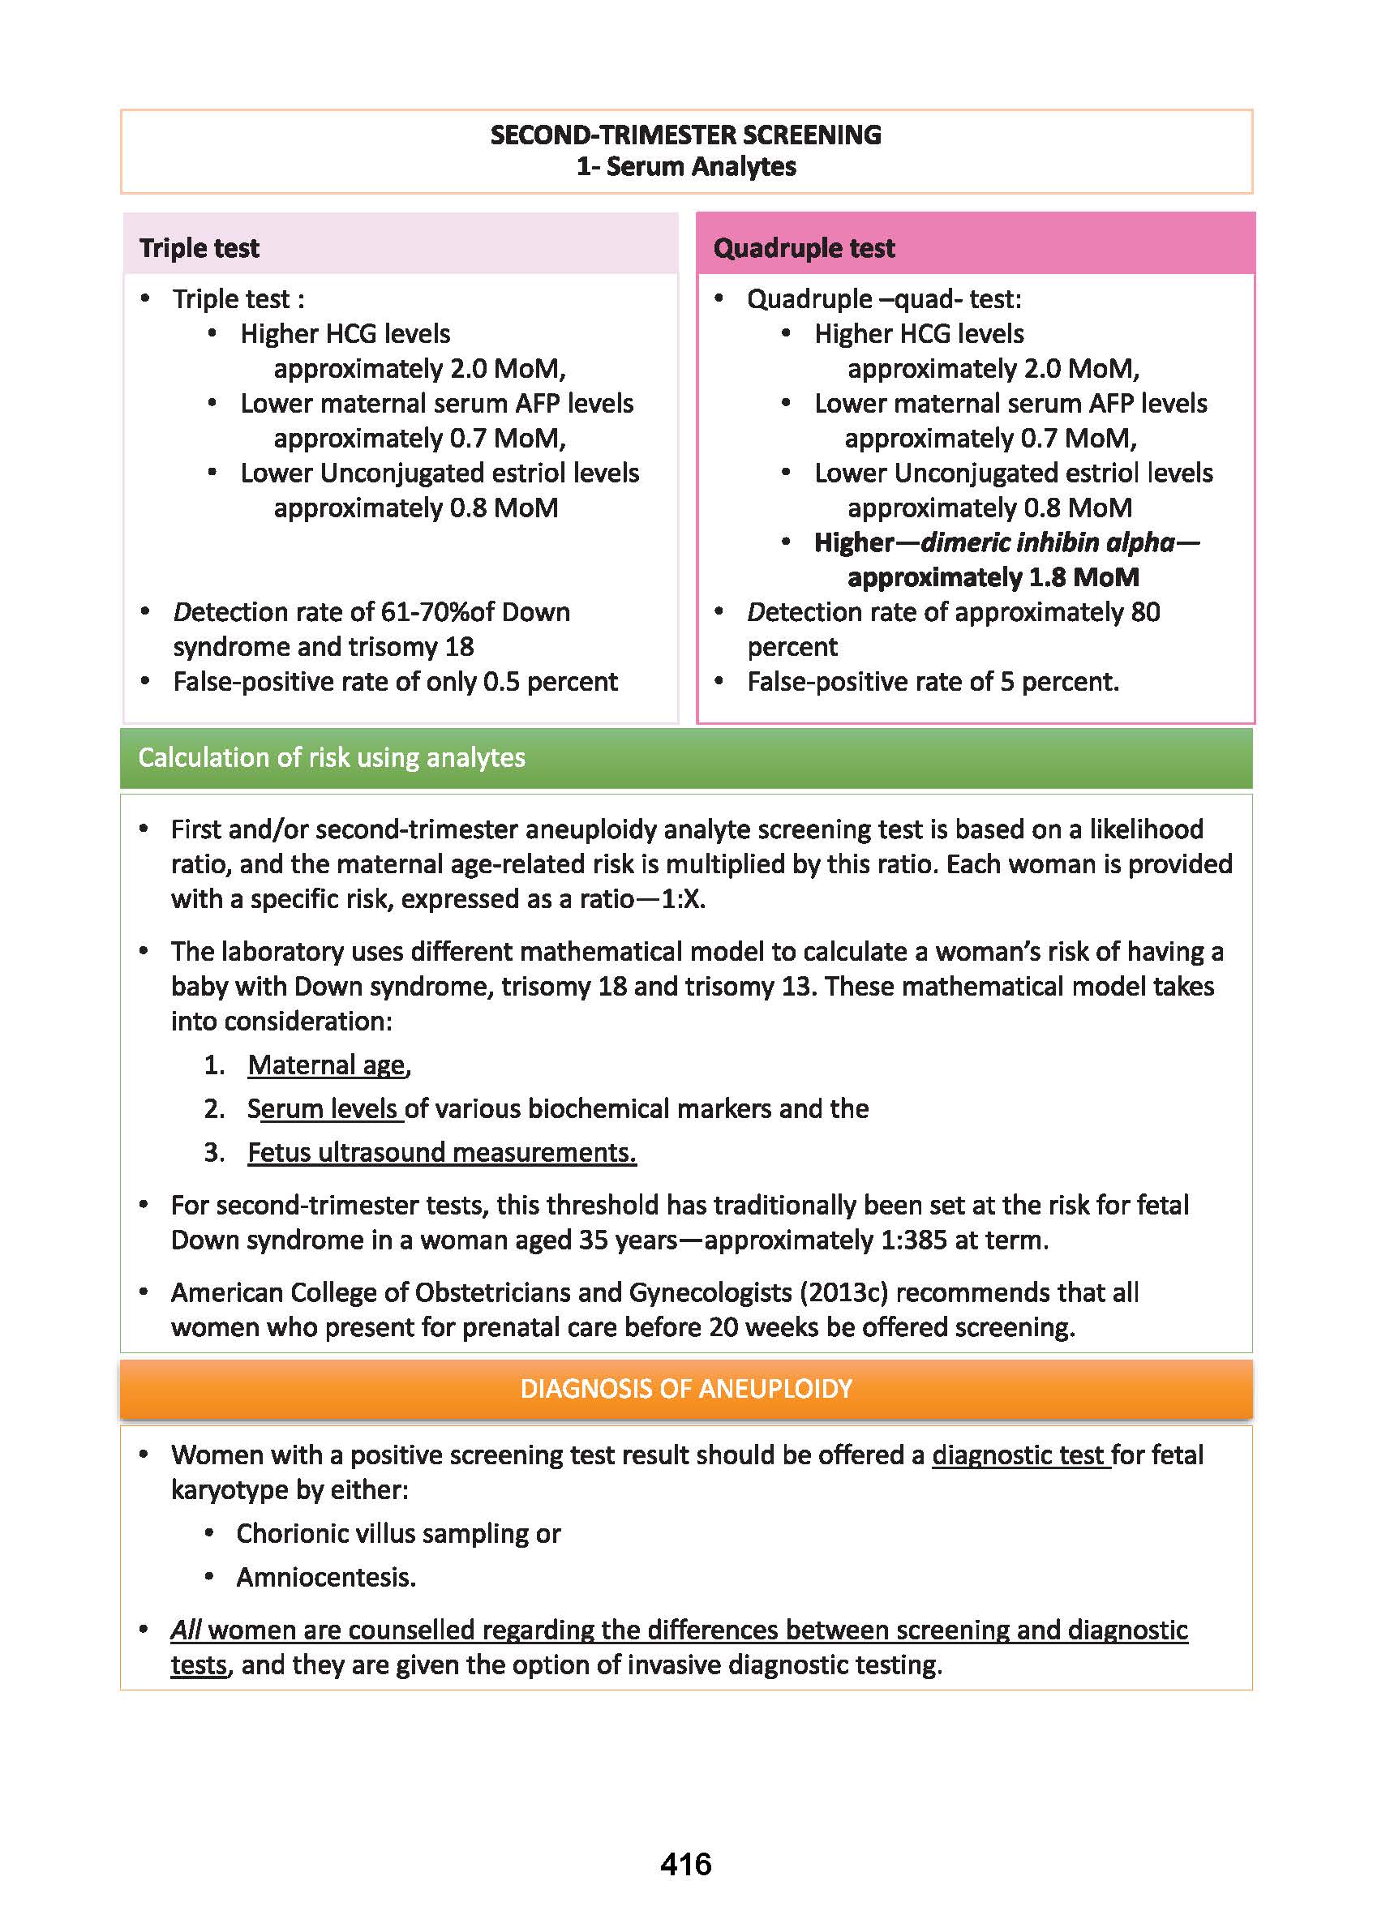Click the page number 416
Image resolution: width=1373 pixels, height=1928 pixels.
(685, 1864)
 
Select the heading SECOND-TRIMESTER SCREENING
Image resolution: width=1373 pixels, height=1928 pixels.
(685, 135)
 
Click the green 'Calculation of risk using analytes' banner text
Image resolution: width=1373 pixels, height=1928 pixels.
(332, 757)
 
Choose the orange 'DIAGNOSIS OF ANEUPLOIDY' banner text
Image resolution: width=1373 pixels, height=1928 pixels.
(685, 1388)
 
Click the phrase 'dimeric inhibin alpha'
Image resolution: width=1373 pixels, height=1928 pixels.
(1048, 542)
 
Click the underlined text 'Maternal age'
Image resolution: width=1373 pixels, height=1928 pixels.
(326, 1065)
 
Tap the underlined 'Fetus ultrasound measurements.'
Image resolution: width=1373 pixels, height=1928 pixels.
(441, 1153)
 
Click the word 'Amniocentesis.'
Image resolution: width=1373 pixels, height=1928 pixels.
(326, 1577)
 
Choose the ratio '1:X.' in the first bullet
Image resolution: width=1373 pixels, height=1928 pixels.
(682, 899)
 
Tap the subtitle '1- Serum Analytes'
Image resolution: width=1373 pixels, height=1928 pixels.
(685, 166)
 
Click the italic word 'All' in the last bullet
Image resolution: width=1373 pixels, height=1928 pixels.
(185, 1630)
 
